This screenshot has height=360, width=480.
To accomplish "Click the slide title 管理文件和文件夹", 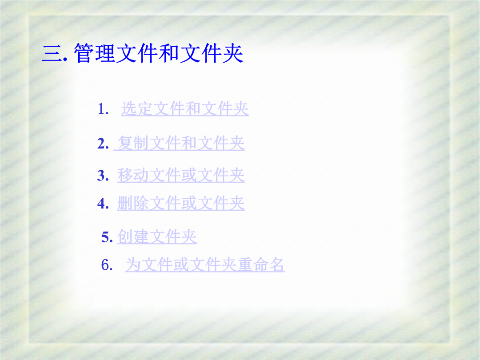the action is (159, 54).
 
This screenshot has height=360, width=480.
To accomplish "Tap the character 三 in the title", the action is (52, 54).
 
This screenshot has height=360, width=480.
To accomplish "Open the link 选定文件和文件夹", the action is (185, 109).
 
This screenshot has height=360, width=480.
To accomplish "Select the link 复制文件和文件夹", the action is (181, 143).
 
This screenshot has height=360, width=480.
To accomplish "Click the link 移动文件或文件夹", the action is (181, 176).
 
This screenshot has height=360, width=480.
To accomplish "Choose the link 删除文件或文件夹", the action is (181, 203).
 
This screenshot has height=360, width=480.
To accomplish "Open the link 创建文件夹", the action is (157, 236).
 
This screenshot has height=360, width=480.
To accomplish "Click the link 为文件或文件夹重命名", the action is (205, 265).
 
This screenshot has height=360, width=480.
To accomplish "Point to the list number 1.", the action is (103, 109).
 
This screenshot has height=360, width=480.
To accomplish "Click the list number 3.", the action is (103, 176).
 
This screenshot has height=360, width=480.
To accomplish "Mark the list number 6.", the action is (107, 265).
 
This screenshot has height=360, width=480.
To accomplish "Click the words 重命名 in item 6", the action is (261, 265).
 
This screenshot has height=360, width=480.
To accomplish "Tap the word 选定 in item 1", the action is (137, 109).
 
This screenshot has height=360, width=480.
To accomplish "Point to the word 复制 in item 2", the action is (133, 143).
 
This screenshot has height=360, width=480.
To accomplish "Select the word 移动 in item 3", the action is (133, 176).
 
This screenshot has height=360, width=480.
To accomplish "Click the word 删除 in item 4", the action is (133, 203).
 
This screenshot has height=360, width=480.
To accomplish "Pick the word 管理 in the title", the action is (95, 54).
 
